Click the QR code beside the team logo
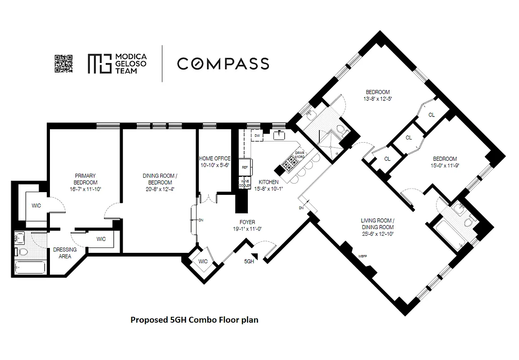[x=63, y=63]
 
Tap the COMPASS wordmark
[x=223, y=63]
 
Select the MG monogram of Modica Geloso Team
[x=99, y=63]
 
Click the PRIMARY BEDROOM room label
[x=85, y=179]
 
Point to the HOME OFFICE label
[x=215, y=158]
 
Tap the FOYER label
[x=247, y=222]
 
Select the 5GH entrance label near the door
[x=249, y=261]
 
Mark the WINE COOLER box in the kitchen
[x=244, y=182]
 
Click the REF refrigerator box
[x=245, y=166]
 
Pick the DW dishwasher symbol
[x=257, y=135]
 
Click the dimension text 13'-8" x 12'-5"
[x=377, y=99]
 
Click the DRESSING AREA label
[x=65, y=253]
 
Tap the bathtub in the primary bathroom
[x=30, y=268]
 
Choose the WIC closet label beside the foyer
[x=203, y=261]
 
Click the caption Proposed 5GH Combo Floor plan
[x=194, y=320]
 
